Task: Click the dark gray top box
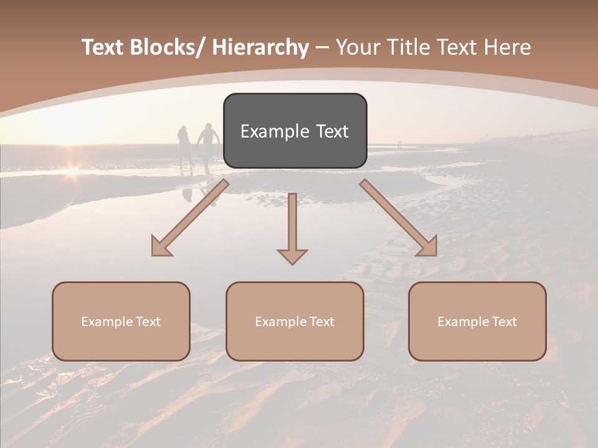point(295,131)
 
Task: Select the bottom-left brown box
point(121,321)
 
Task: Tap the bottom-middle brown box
point(295,321)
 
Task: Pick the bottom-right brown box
point(477,321)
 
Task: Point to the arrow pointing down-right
point(399,218)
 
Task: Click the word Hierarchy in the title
point(260,47)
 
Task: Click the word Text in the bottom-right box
point(503,322)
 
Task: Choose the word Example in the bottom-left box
point(107,322)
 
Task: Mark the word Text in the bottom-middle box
point(321,322)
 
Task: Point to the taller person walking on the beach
point(208,146)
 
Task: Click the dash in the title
point(322,48)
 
